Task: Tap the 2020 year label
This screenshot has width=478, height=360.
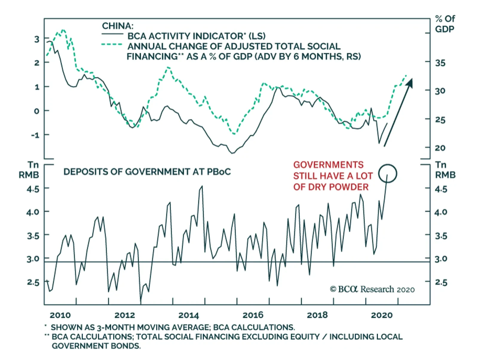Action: (x=382, y=315)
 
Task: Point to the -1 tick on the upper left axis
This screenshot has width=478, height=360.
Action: (x=35, y=135)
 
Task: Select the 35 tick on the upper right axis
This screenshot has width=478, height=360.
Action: (x=440, y=63)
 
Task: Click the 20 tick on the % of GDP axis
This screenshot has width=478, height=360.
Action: (x=440, y=148)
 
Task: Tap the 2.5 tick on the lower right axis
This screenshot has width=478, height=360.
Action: (x=441, y=282)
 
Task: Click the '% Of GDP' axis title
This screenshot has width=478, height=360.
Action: (x=445, y=24)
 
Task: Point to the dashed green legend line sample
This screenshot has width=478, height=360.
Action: (x=112, y=45)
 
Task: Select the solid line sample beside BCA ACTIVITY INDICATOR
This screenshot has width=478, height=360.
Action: (x=112, y=34)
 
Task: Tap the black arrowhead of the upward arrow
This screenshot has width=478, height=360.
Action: (x=410, y=83)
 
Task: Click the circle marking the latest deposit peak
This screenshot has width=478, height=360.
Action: (x=387, y=173)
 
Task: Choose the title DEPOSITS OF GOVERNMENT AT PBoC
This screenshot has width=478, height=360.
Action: (x=147, y=172)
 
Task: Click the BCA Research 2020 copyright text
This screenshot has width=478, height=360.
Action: (x=372, y=289)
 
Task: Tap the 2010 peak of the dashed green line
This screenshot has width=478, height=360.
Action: (x=63, y=30)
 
